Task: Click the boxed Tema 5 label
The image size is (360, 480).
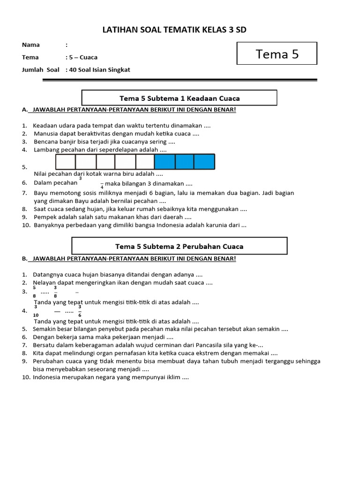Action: pos(277,54)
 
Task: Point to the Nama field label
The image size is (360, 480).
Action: pos(31,45)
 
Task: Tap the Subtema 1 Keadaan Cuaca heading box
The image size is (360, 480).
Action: pos(180,98)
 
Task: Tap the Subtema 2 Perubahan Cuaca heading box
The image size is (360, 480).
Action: pos(179,246)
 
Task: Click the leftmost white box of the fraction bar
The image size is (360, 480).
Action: pos(66,162)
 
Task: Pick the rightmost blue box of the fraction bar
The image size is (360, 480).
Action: pos(204,162)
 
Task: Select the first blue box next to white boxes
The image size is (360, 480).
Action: pos(165,162)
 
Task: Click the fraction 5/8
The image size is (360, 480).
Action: pos(34,292)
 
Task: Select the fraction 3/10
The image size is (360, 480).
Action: pos(36,310)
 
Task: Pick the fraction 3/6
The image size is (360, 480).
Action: pos(80,311)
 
